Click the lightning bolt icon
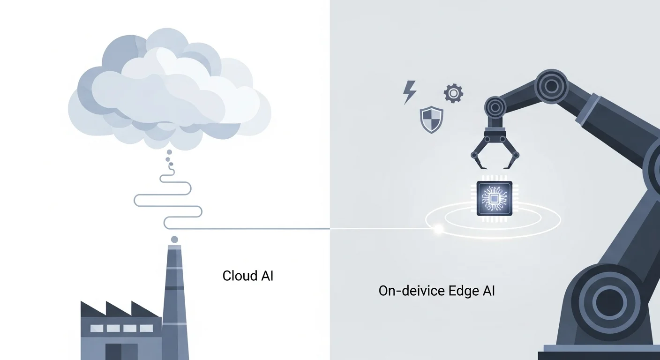(x=409, y=92)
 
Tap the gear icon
(x=453, y=94)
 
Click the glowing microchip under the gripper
(x=494, y=199)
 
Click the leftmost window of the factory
(x=97, y=328)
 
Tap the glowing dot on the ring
(x=439, y=229)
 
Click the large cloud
(x=169, y=89)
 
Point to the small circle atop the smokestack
(x=174, y=240)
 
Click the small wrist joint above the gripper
(x=496, y=106)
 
